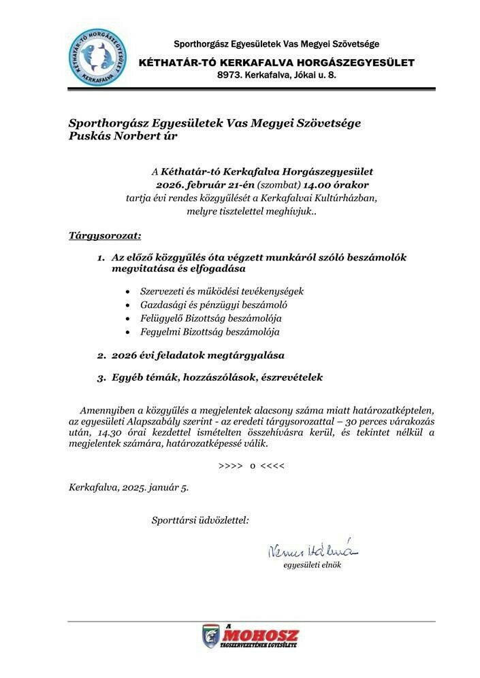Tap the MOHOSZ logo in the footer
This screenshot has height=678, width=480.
pos(251,637)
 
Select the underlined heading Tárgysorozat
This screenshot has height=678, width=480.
pos(105,236)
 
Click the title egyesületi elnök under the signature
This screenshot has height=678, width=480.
pos(312,565)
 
